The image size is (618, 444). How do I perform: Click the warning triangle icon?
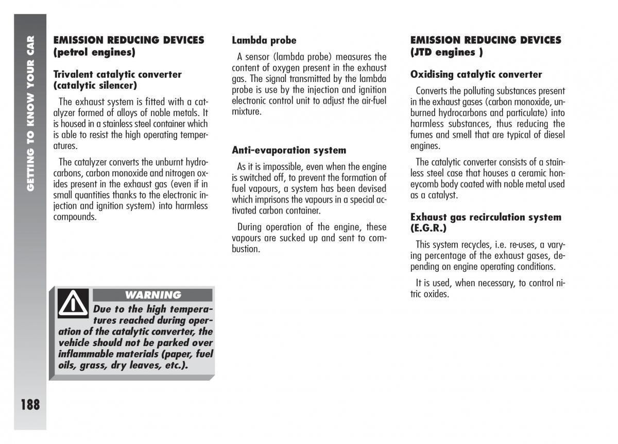(x=73, y=304)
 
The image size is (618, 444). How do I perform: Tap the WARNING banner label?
(x=153, y=295)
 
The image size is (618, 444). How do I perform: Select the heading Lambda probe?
(x=264, y=40)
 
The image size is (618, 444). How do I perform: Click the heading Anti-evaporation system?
(x=289, y=151)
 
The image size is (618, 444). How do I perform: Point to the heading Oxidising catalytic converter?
(x=476, y=74)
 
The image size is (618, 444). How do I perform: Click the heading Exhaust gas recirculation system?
(x=486, y=217)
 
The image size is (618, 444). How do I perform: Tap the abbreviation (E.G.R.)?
(x=428, y=228)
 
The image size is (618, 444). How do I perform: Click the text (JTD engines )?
(x=447, y=52)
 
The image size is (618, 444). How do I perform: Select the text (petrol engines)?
(x=94, y=52)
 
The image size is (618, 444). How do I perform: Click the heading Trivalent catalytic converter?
(x=117, y=74)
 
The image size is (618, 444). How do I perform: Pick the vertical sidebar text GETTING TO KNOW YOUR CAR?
(x=30, y=113)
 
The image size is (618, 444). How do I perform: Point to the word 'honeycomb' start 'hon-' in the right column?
(x=556, y=173)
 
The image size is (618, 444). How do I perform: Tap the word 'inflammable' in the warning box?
(x=83, y=354)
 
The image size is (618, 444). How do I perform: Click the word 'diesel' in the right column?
(x=553, y=135)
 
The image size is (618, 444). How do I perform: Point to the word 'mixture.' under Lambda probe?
(x=247, y=111)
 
